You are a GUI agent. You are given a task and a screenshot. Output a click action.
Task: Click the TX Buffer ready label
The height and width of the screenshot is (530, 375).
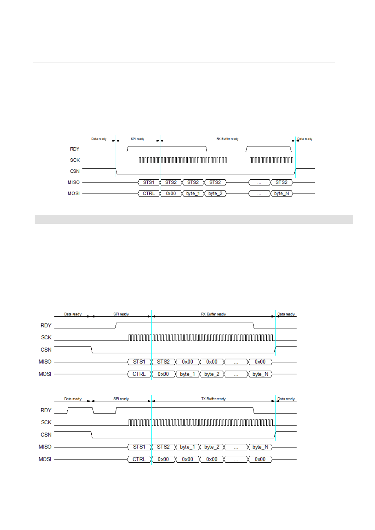pos(213,399)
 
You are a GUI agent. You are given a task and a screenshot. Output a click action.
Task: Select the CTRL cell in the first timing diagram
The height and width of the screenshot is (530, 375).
pos(149,194)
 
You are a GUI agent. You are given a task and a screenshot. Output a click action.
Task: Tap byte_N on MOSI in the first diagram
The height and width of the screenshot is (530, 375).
pos(281,194)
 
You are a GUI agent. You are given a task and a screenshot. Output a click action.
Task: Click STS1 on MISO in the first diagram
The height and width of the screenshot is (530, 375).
pos(149,183)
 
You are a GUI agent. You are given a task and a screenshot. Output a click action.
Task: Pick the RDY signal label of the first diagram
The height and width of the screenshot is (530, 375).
pos(75,149)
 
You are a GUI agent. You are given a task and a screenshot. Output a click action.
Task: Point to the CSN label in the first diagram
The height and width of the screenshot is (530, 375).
pos(75,171)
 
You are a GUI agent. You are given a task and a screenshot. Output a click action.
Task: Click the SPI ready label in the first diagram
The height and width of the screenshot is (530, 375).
pos(138,139)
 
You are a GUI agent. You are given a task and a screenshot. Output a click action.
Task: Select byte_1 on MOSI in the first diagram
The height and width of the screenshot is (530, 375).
pos(193,194)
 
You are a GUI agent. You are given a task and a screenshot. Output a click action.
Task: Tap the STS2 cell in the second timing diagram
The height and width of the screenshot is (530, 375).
pos(163,362)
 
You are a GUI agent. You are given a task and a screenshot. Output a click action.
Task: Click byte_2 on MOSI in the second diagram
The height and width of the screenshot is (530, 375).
pos(212,374)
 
